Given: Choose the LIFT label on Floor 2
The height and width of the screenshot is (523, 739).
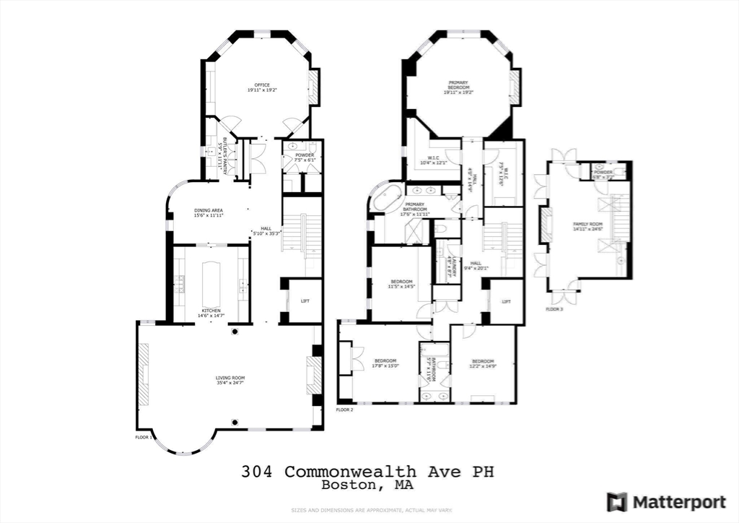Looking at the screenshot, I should coord(507,302).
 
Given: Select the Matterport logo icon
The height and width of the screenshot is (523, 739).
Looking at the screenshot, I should coord(616,501).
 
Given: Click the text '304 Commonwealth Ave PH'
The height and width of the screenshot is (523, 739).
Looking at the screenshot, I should coord(368,472).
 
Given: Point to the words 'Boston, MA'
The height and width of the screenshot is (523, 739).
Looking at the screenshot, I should coord(368,485).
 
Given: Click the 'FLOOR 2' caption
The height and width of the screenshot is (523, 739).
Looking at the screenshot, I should coord(344,410).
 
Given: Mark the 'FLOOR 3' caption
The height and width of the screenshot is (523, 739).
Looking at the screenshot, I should coord(554,308).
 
